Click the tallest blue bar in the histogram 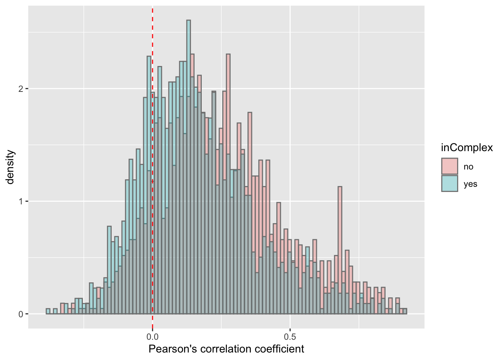pyautogui.click(x=188, y=112)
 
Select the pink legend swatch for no pyautogui.click(x=450, y=166)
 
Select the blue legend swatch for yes pyautogui.click(x=450, y=184)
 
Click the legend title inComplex pyautogui.click(x=466, y=148)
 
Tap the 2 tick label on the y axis pyautogui.click(x=21, y=89)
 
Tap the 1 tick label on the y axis pyautogui.click(x=21, y=201)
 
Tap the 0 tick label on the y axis pyautogui.click(x=21, y=314)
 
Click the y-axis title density pyautogui.click(x=10, y=167)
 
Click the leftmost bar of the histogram pyautogui.click(x=48, y=311)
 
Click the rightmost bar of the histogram pyautogui.click(x=405, y=311)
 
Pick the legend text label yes pyautogui.click(x=470, y=184)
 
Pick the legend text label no pyautogui.click(x=468, y=167)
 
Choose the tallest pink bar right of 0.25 pyautogui.click(x=228, y=112)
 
